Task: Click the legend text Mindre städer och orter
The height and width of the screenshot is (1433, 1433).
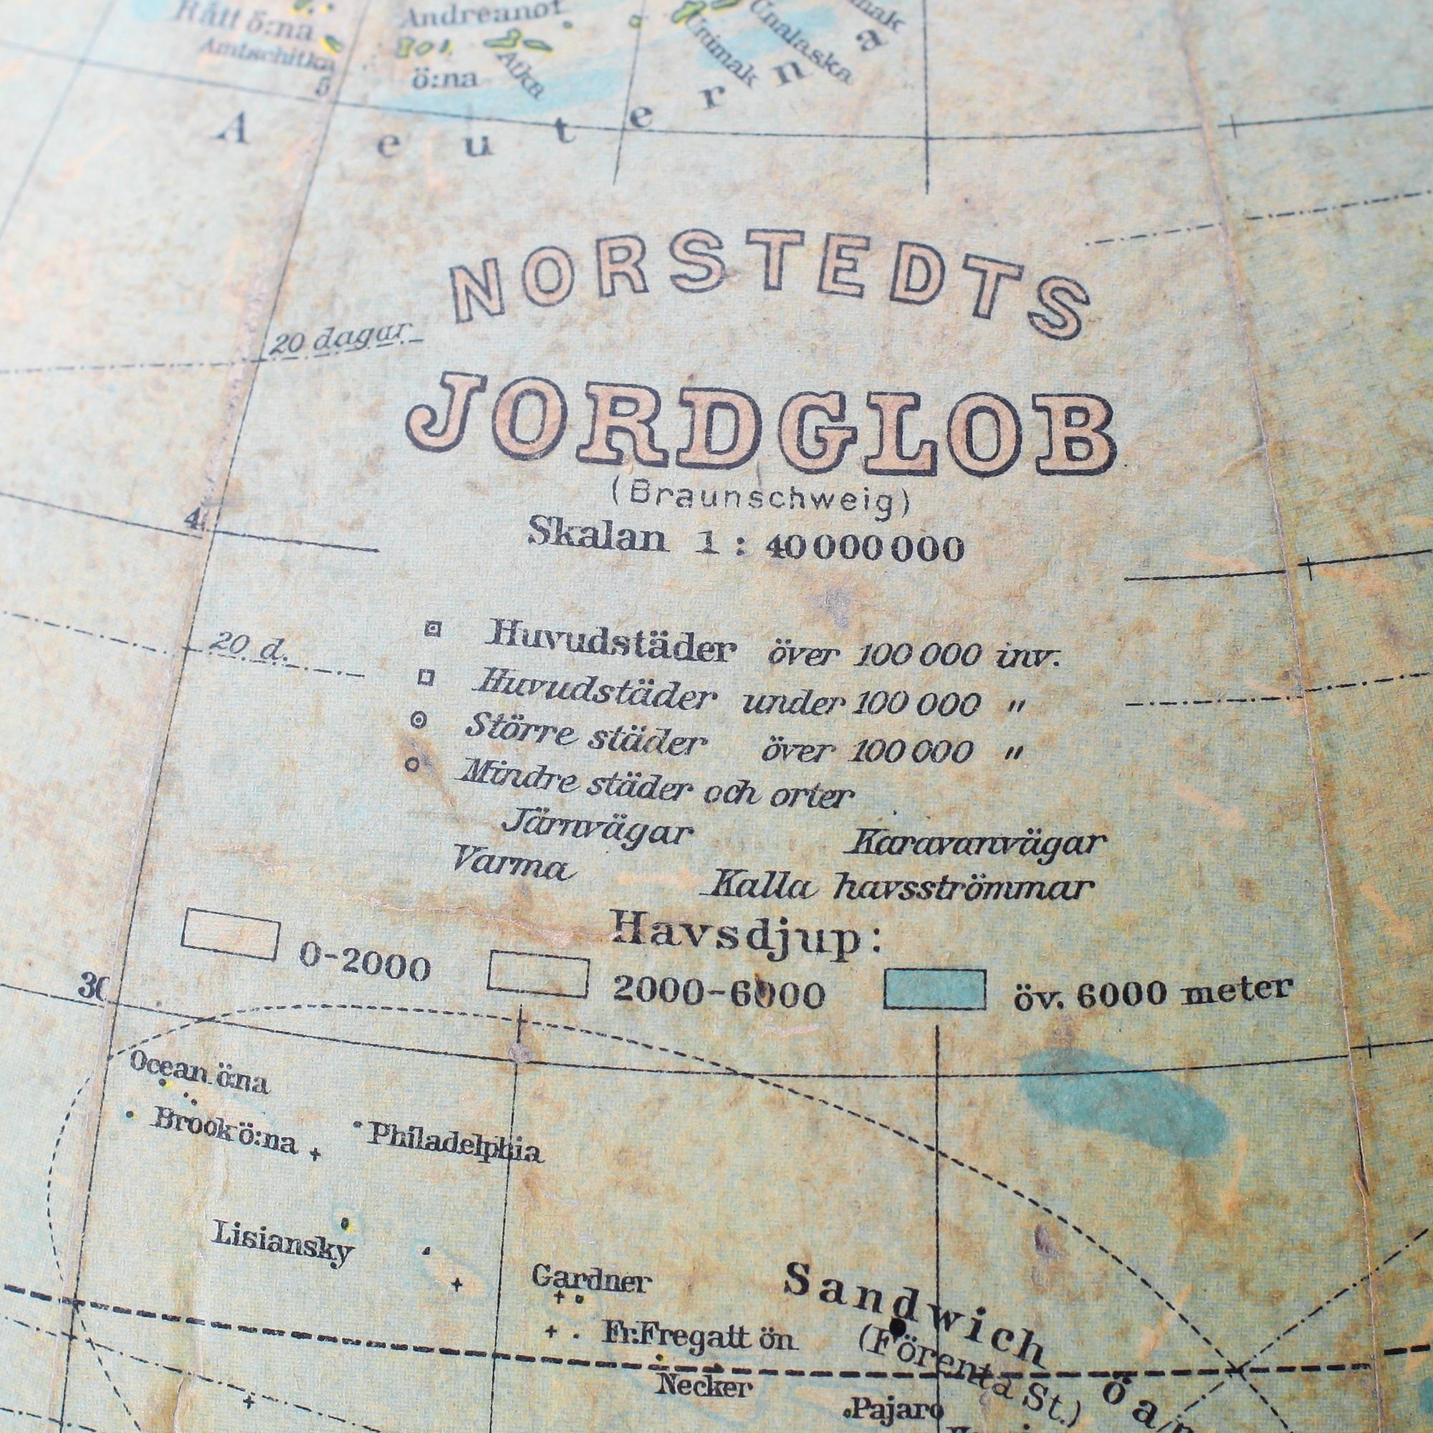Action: pos(656,785)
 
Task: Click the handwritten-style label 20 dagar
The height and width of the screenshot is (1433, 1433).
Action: pos(338,340)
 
